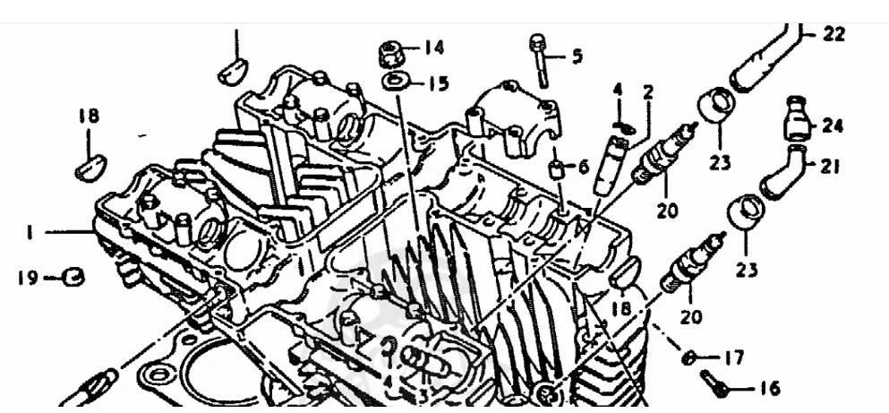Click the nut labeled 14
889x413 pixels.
390,54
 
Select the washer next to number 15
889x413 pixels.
394,82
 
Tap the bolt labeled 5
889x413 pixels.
539,61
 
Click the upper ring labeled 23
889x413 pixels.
716,106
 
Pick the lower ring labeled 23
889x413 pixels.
746,211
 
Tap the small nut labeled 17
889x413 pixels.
688,357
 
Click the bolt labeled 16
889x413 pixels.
714,383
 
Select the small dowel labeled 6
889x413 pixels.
558,169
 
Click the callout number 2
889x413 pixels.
648,93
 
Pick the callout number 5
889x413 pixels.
577,56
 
